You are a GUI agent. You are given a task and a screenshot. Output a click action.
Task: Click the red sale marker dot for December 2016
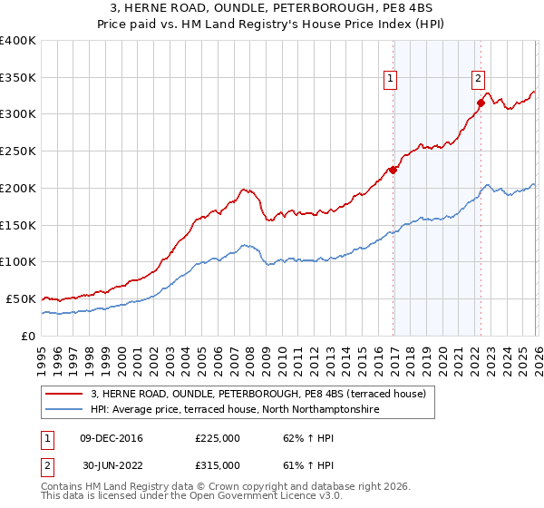coord(393,169)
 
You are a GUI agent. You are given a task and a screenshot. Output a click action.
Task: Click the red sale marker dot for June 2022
coord(481,103)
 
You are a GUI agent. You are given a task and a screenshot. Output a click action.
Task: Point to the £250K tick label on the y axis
coord(18,151)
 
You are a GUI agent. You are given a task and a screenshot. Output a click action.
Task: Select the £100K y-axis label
coord(18,262)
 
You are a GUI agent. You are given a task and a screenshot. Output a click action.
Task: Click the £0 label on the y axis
coord(27,336)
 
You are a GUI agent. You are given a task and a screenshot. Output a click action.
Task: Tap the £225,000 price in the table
coord(218,439)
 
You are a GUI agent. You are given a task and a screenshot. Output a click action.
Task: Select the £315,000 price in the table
coord(218,465)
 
